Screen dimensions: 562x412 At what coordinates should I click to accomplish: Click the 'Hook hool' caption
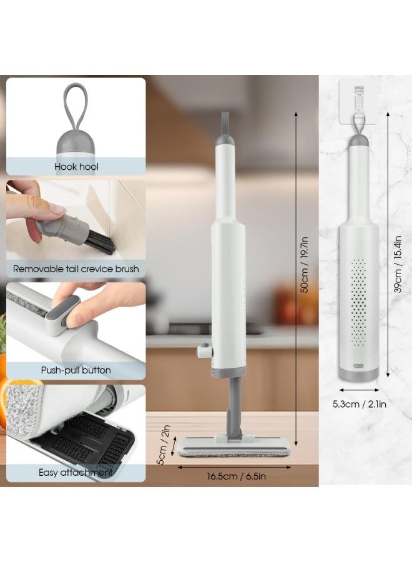point(76,167)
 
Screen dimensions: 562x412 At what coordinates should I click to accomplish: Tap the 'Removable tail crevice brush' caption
point(76,269)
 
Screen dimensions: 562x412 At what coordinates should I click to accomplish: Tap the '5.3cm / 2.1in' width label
point(359,404)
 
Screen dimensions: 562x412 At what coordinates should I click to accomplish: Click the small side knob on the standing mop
point(202,351)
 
